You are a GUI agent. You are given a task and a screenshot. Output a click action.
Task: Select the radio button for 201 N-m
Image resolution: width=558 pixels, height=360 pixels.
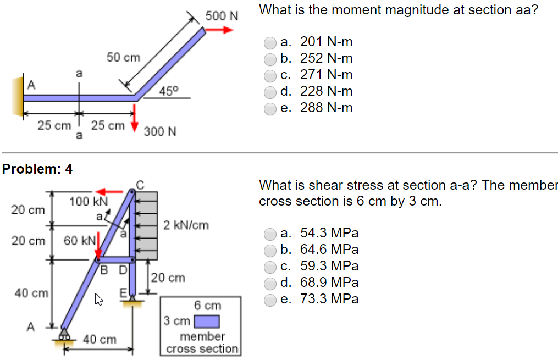pos(270,42)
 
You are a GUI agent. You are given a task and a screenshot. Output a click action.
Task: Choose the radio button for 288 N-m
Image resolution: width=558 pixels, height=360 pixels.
pos(270,108)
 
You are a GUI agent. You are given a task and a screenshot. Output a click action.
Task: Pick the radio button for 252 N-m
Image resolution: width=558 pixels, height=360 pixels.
pos(270,59)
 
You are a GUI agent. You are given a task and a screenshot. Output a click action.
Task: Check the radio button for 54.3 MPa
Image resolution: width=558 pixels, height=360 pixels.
pos(270,234)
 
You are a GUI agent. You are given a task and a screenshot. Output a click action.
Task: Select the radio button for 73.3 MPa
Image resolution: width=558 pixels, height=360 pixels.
pos(270,300)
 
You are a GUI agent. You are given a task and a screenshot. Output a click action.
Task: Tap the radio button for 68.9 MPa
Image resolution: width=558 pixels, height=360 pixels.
pos(270,283)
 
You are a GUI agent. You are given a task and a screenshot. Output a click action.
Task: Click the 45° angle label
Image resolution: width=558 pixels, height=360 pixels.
pos(168,91)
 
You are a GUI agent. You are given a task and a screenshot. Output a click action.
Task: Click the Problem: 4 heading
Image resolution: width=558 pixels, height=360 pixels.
pos(37,169)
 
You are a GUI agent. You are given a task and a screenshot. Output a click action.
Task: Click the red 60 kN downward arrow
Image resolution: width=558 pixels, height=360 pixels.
pos(98,246)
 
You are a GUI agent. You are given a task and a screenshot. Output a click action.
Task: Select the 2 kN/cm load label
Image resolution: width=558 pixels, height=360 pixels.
pos(186,225)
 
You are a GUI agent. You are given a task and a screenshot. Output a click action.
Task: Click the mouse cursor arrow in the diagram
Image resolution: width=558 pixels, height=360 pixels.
pos(99,299)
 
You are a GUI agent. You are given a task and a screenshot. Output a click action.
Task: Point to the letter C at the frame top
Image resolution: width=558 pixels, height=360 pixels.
pos(140,185)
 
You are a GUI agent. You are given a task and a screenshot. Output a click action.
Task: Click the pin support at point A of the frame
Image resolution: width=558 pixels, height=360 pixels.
pos(65,334)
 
